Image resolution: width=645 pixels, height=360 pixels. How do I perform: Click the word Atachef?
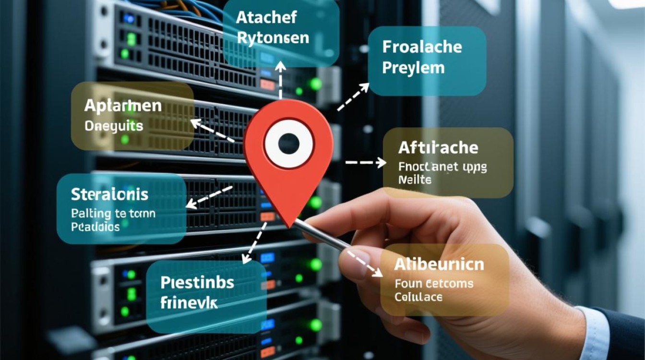pos(266,18)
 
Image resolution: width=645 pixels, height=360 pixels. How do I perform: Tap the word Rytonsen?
pos(273,38)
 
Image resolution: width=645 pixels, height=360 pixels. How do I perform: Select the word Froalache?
pos(422,47)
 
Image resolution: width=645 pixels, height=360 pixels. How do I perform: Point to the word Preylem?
pos(413,68)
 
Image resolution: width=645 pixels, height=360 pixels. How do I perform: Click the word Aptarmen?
pos(123,107)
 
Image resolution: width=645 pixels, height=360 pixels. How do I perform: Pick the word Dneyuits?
pos(114,126)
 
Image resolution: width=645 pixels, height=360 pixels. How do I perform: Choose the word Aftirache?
pos(438,147)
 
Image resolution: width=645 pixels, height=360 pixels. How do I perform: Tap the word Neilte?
pos(415,180)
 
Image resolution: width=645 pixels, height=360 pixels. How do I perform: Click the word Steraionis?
pos(110,194)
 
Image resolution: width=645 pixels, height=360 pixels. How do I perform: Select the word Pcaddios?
pos(96,226)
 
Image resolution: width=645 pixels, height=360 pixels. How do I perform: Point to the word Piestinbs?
pos(197,282)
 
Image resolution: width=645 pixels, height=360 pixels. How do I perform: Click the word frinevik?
pos(189,303)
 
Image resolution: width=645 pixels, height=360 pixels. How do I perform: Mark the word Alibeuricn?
pos(439,264)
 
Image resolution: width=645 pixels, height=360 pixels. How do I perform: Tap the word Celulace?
pos(418,297)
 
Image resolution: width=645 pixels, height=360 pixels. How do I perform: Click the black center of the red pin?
pos(289,144)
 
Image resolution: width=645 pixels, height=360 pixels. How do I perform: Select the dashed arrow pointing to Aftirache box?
pos(366,163)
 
